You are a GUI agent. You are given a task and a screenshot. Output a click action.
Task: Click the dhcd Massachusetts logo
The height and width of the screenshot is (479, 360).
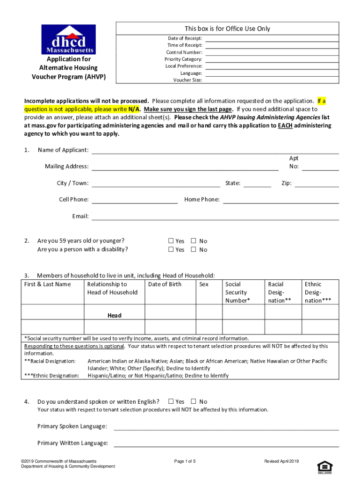[68, 39]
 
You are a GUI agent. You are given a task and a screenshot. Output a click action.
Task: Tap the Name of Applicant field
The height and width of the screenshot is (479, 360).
[215, 150]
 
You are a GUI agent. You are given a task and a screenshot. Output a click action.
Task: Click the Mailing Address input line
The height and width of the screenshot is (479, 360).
[185, 167]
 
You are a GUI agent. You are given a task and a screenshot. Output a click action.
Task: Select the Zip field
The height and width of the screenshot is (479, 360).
[317, 183]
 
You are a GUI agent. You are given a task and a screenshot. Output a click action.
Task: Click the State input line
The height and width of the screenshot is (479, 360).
[257, 183]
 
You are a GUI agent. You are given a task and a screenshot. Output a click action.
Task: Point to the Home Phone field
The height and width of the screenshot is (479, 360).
[281, 200]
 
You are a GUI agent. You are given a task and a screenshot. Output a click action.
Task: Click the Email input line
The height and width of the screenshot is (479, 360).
[215, 216]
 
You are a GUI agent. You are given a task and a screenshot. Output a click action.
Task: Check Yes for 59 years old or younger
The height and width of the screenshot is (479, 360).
[171, 241]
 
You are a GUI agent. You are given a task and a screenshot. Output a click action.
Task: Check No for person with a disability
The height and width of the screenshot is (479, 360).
[194, 249]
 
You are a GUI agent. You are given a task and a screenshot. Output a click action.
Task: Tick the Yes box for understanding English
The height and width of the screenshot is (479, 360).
[171, 401]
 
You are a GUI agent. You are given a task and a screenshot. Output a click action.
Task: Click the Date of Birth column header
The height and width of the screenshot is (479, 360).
[165, 284]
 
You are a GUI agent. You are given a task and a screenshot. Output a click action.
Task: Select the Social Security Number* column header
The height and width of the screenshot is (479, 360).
[238, 292]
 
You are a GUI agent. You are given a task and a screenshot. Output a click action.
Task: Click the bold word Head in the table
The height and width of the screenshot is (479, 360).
[114, 315]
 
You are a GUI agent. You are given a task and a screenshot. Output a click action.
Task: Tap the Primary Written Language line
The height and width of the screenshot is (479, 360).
[226, 443]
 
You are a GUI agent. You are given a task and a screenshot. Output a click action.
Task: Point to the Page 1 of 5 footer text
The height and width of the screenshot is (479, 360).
[185, 462]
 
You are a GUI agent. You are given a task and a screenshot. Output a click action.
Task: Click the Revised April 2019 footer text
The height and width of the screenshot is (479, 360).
[281, 462]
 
